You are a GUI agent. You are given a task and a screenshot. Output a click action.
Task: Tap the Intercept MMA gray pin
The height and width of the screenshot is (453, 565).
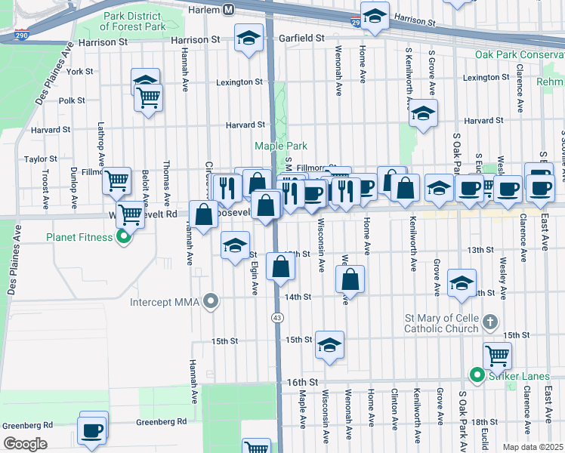(x=212, y=303)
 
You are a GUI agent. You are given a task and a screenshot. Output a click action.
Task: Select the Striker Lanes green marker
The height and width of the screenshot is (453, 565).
(x=477, y=374)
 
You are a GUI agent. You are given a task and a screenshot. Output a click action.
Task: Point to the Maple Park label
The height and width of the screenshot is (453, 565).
(x=281, y=146)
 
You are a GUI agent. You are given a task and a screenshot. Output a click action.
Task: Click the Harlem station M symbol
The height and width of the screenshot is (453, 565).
(x=228, y=10)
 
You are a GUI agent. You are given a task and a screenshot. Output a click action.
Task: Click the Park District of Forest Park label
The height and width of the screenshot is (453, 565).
(x=133, y=21)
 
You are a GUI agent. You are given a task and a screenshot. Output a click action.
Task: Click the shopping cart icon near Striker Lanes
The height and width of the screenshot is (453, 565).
(x=497, y=355)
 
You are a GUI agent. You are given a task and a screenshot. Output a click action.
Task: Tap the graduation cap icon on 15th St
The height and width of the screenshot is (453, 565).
(x=330, y=344)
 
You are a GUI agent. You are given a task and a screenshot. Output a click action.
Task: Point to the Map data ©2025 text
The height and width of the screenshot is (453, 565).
(x=533, y=447)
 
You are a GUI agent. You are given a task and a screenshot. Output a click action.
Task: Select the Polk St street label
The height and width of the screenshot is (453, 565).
(x=72, y=100)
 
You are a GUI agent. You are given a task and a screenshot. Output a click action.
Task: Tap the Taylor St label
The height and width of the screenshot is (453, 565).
(x=41, y=159)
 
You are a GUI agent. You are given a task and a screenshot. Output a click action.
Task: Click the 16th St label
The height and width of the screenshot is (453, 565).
(x=300, y=384)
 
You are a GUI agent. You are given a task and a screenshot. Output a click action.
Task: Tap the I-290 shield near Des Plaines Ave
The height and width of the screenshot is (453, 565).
(x=20, y=35)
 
